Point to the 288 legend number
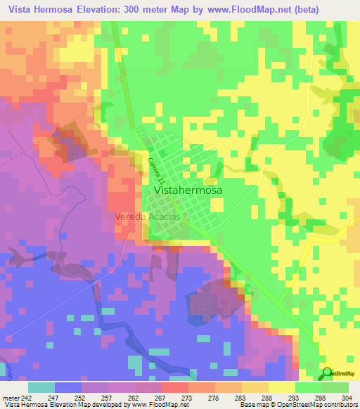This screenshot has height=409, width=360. [x=264, y=397]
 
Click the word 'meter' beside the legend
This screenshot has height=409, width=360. [x=9, y=397]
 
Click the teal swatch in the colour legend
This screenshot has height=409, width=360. [x=41, y=387]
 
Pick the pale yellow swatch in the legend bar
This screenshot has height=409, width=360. [x=281, y=387]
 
